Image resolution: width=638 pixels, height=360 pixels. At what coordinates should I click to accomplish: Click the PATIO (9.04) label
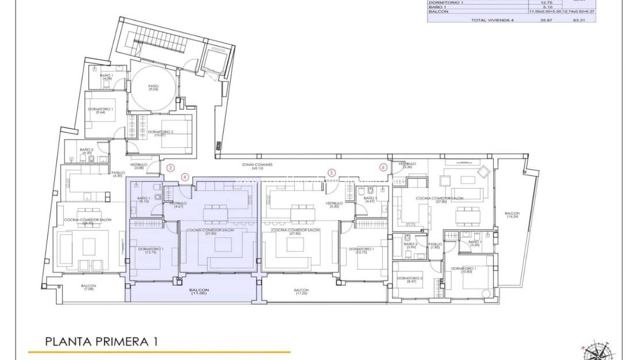pyautogui.click(x=153, y=88)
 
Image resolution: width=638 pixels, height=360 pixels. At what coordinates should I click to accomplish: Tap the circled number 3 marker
pyautogui.click(x=170, y=168)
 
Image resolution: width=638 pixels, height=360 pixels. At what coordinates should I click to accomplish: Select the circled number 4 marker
pyautogui.click(x=185, y=177)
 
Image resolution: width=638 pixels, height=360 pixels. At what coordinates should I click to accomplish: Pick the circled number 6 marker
pyautogui.click(x=383, y=167)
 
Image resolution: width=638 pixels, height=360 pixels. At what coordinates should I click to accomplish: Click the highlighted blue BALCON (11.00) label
pyautogui.click(x=199, y=292)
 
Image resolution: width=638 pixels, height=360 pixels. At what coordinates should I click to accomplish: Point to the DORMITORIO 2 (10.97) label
pyautogui.click(x=160, y=133)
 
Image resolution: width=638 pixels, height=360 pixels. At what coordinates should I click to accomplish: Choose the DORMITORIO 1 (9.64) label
pyautogui.click(x=101, y=110)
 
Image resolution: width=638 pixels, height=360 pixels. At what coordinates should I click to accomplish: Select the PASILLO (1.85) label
pyautogui.click(x=435, y=246)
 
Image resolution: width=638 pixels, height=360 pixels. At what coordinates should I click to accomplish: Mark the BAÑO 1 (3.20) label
pyautogui.click(x=475, y=243)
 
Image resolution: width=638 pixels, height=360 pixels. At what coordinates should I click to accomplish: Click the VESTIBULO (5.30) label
pyautogui.click(x=334, y=205)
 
